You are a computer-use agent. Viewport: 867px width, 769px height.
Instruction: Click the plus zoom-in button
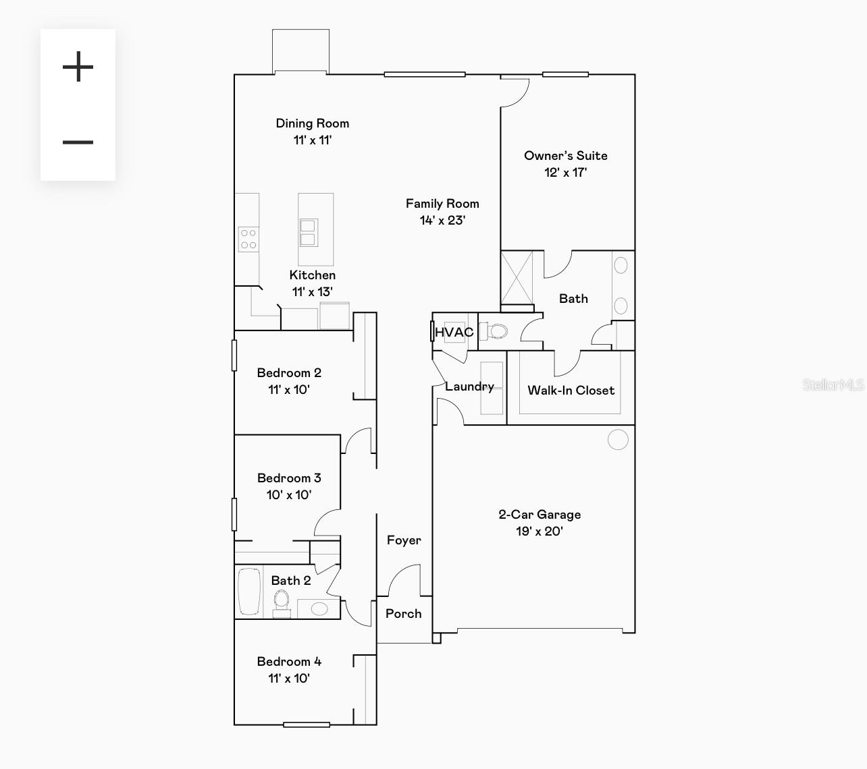point(78,67)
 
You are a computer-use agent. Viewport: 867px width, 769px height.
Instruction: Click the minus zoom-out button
point(78,142)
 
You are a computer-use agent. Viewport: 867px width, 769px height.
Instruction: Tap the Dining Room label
point(313,123)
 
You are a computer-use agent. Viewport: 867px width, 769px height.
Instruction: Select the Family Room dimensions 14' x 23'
point(442,221)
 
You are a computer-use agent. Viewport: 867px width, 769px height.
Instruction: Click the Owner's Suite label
point(566,156)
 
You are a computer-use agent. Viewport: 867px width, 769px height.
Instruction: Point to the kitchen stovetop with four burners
point(248,239)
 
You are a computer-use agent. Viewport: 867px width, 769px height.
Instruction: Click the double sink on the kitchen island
point(309,233)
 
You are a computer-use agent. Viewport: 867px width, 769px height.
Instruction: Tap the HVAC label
point(454,332)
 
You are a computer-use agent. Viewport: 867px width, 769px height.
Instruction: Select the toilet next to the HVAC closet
point(497,331)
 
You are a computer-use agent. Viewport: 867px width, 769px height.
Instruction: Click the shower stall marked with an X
point(517,277)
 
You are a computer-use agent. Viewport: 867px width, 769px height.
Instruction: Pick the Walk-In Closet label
point(571,391)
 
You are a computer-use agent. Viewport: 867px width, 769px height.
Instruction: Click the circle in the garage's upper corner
point(618,440)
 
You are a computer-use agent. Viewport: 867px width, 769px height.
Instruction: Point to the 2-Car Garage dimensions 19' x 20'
point(540,532)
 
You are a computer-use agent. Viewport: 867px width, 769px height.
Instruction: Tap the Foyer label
point(404,540)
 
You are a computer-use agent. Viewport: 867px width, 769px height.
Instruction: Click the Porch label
point(403,614)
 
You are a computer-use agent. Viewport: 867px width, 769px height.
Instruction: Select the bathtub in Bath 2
point(249,592)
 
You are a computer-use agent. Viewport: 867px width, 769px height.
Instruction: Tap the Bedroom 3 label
point(289,478)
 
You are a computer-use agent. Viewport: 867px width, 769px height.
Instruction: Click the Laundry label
point(469,387)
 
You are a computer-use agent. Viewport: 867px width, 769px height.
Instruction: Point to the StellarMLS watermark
point(833,385)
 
